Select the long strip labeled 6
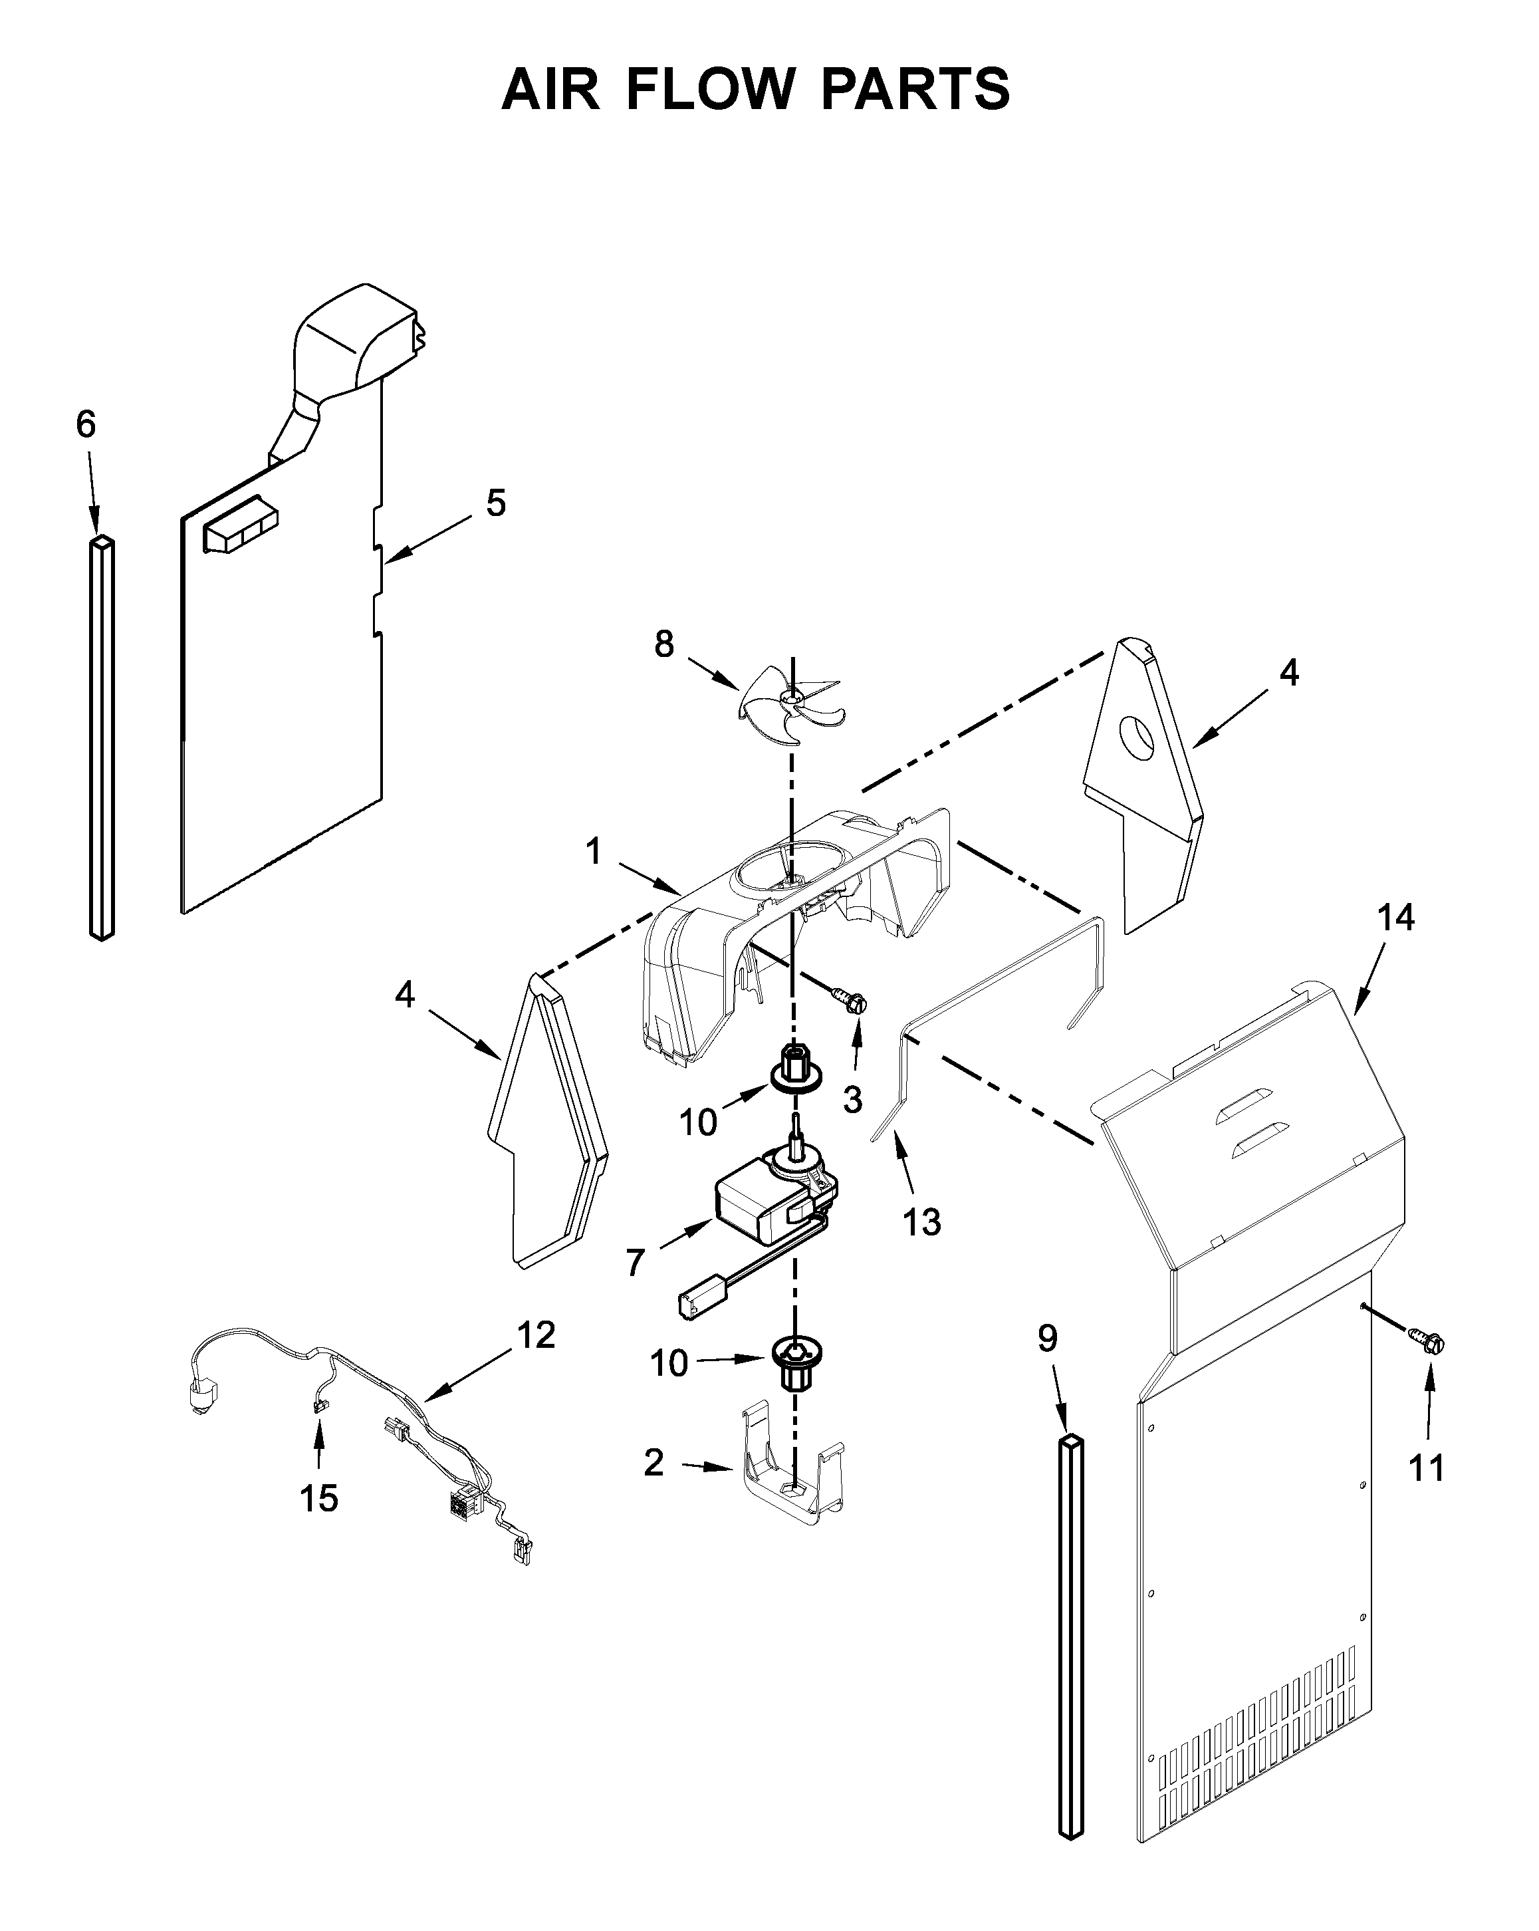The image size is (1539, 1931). pos(102,739)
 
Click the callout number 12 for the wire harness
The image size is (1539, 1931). pos(536,1335)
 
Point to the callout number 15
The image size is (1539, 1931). pos(318,1497)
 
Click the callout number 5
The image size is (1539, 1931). pos(495,503)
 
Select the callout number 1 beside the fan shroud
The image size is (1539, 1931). pos(594,851)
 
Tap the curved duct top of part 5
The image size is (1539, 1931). pos(358,336)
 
